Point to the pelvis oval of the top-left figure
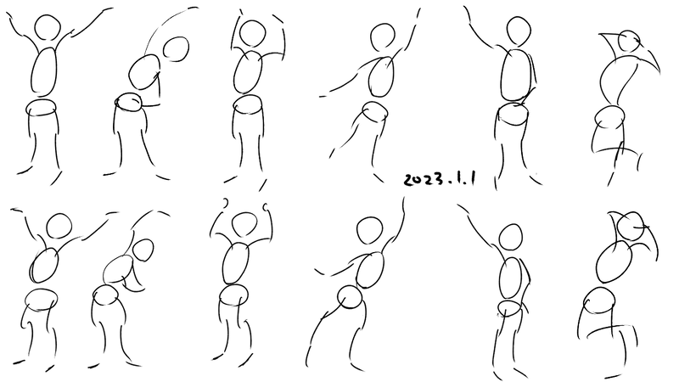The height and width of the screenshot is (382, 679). click(42, 108)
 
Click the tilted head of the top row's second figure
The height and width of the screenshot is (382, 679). click(176, 49)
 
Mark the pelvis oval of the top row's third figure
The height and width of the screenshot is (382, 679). click(248, 104)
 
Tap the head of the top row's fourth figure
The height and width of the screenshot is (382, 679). click(383, 37)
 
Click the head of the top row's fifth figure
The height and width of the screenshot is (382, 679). click(519, 31)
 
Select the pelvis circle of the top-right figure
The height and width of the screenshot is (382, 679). click(610, 117)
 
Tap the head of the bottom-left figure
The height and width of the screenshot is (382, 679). click(59, 226)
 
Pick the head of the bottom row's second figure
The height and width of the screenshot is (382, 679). click(143, 250)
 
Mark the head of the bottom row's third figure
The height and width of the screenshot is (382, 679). click(244, 224)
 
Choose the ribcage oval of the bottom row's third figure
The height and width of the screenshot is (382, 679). click(236, 264)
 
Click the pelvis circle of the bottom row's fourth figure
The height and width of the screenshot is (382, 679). click(350, 297)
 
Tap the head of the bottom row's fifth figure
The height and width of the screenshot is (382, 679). click(511, 237)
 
